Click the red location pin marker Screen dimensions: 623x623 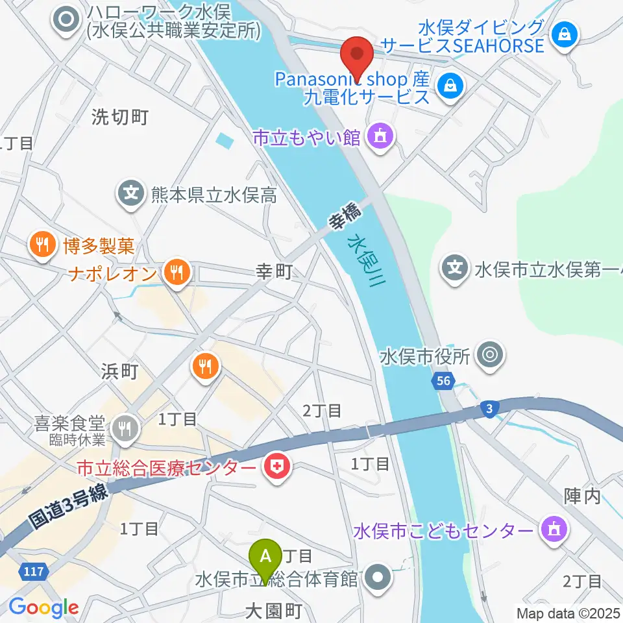tap(357, 56)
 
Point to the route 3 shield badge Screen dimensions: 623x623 tap(487, 407)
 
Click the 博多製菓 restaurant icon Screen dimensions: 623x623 tap(42, 245)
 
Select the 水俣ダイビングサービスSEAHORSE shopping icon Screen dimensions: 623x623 tap(565, 34)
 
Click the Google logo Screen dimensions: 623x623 tap(43, 607)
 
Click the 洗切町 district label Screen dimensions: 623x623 tap(120, 117)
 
